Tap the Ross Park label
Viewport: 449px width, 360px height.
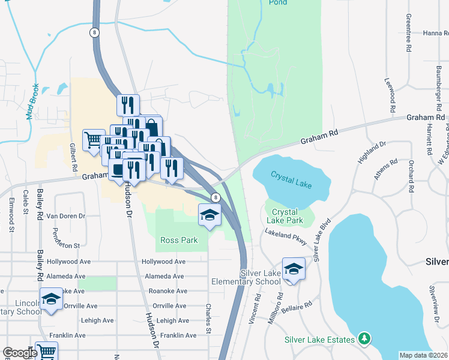coord(179,240)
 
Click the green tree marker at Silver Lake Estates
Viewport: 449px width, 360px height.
coord(364,340)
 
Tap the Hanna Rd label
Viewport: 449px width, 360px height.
coord(436,34)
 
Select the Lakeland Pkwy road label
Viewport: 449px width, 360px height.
coord(290,238)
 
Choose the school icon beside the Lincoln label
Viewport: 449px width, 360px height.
coord(52,299)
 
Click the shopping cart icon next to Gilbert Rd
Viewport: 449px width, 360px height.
coord(94,141)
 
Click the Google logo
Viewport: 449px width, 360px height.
coord(20,353)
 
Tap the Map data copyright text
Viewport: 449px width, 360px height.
coord(424,355)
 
